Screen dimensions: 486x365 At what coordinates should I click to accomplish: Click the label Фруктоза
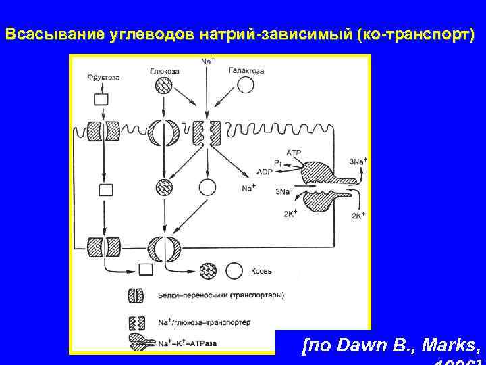coord(103,78)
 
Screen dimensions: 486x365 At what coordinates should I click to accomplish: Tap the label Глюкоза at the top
coord(164,70)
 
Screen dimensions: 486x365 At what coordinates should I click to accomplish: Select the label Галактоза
coord(246,70)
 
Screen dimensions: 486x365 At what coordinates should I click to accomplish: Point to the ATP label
coord(294,153)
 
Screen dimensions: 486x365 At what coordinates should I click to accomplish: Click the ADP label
coord(265,172)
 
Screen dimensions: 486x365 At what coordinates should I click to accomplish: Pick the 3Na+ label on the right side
coord(359,162)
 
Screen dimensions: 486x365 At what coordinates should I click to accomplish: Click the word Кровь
coord(262,271)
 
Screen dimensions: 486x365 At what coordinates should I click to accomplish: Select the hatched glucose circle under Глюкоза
coord(164,86)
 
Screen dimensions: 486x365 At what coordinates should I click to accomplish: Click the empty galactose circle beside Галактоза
coord(246,85)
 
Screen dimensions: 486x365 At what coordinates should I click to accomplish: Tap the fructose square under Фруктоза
coord(101,99)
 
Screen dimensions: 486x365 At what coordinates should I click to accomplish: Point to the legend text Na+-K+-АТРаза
coord(188,343)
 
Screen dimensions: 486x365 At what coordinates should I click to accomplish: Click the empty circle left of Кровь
coord(234,270)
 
